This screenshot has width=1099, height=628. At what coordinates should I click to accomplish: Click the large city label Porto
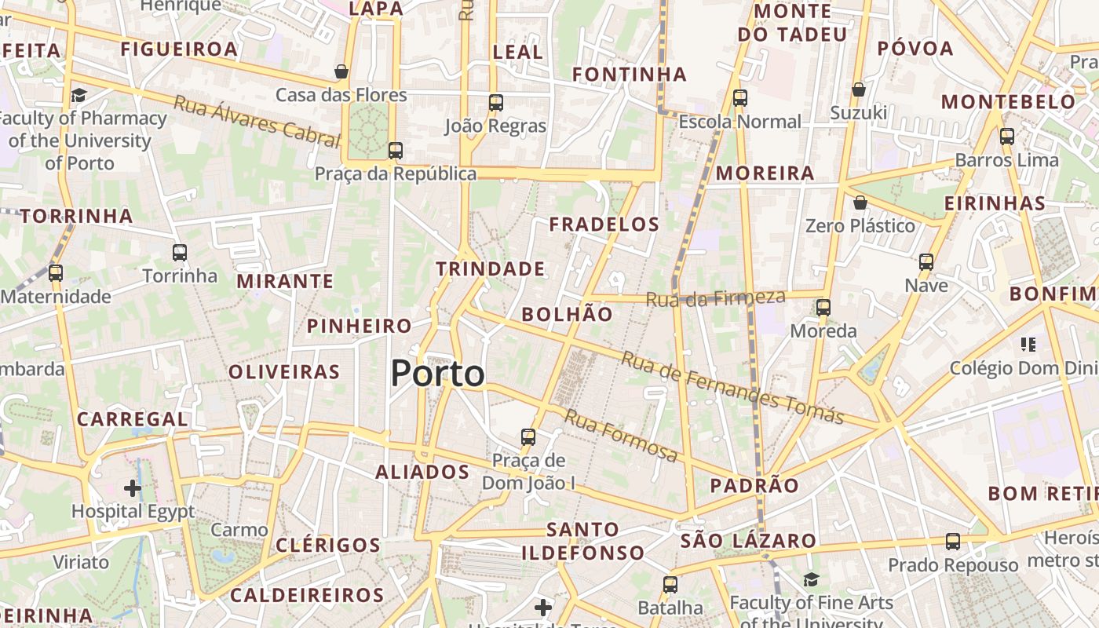[x=437, y=374]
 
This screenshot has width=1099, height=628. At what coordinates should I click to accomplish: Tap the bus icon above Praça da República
[x=396, y=150]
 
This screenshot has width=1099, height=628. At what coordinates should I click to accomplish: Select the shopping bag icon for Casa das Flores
[x=341, y=71]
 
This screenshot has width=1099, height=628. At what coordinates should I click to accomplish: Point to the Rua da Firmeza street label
[x=715, y=298]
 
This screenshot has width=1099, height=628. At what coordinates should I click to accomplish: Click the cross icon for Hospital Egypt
[x=133, y=488]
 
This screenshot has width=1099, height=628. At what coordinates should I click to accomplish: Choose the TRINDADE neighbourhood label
[x=491, y=269]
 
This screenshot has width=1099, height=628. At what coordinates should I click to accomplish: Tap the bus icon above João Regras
[x=495, y=102]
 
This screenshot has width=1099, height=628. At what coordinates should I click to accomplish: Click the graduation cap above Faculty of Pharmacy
[x=78, y=95]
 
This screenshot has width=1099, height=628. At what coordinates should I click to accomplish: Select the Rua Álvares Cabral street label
[x=257, y=121]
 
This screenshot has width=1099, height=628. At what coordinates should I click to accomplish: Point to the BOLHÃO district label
[x=567, y=314]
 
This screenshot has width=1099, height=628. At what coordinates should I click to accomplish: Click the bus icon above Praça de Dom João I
[x=528, y=436]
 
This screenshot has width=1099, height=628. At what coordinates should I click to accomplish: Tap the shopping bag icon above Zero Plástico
[x=860, y=203]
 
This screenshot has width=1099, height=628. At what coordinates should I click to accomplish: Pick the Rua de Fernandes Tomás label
[x=732, y=387]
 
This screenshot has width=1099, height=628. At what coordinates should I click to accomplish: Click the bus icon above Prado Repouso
[x=953, y=541]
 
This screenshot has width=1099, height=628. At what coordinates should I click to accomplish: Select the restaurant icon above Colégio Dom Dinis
[x=1028, y=344]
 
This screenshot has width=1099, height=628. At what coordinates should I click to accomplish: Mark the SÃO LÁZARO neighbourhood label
[x=748, y=541]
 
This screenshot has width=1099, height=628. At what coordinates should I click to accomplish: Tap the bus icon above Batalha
[x=670, y=584]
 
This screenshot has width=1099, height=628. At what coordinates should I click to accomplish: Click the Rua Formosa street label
[x=621, y=436]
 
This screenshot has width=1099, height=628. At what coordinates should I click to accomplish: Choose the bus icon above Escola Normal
[x=739, y=98]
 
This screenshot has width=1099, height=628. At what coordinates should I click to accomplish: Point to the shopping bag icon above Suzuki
[x=859, y=89]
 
